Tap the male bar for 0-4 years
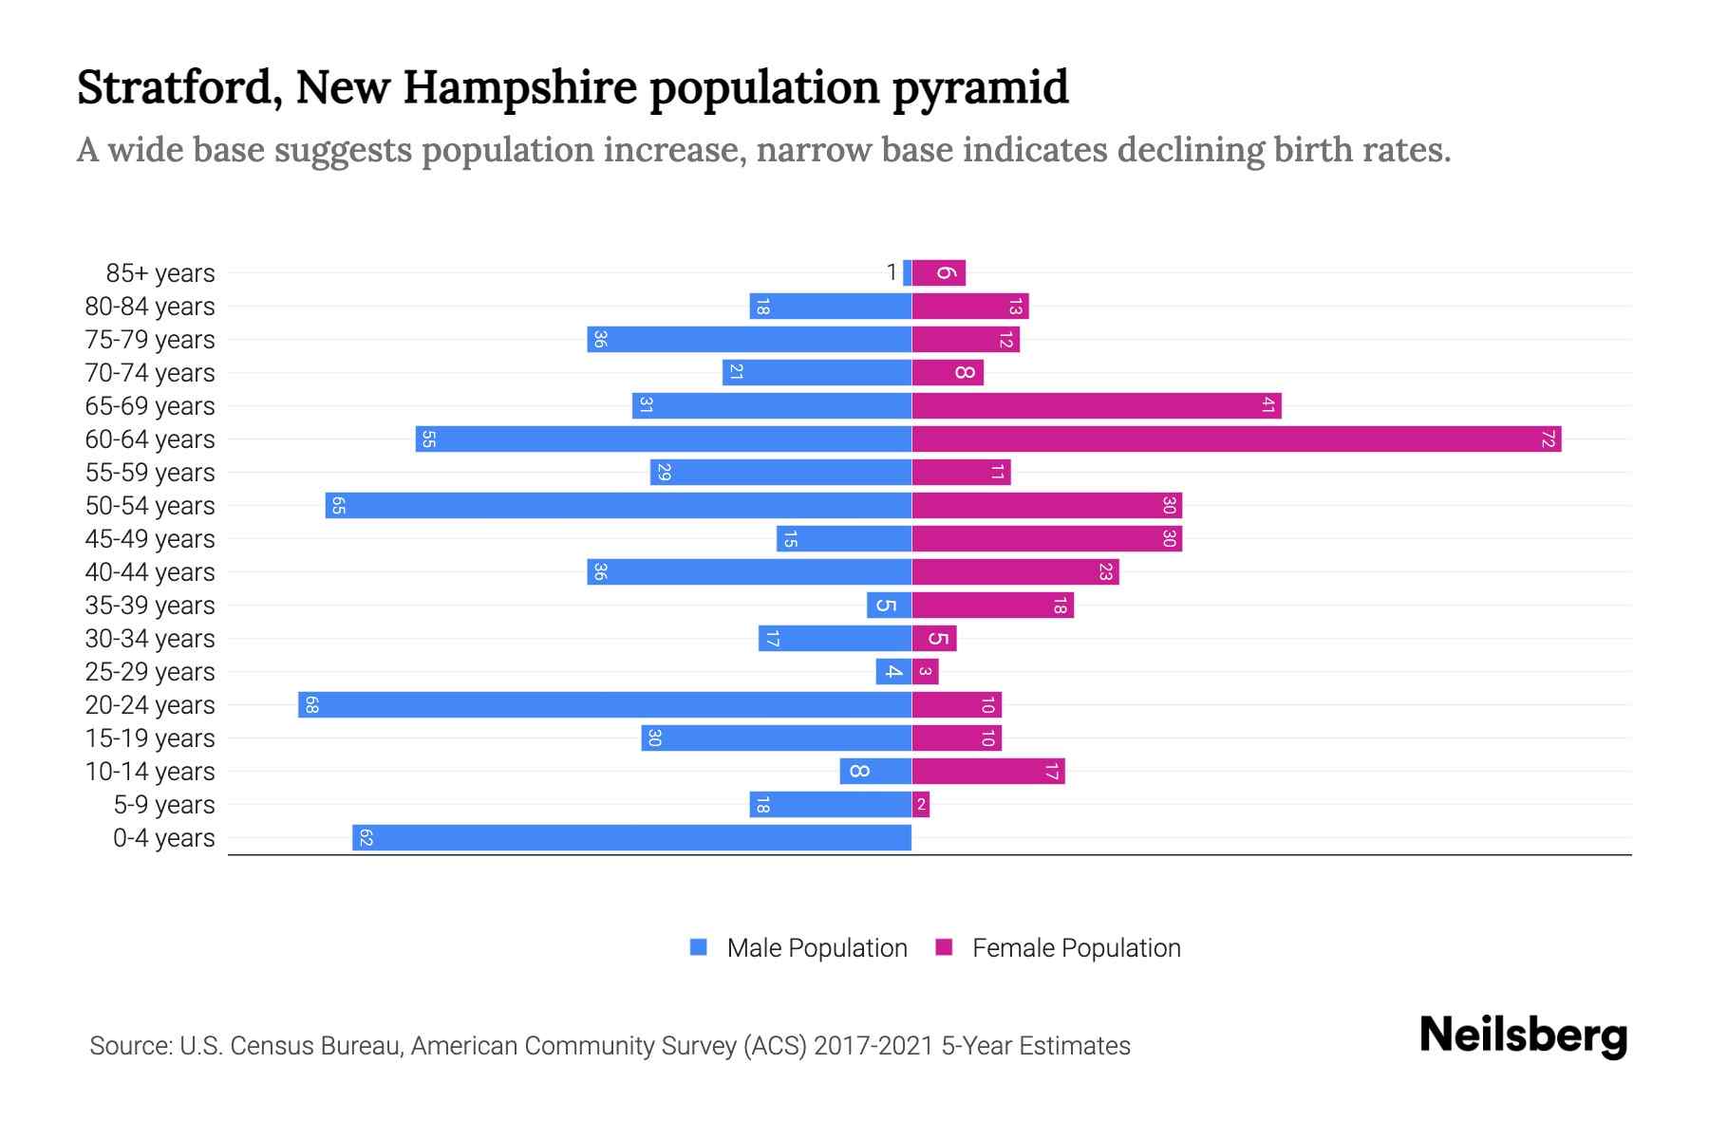631,837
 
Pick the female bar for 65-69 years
1097,405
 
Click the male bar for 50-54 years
618,505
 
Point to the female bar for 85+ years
939,272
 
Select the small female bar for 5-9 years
921,804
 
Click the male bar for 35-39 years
889,605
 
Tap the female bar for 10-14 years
988,771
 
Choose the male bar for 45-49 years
844,538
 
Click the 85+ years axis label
160,273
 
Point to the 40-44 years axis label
150,572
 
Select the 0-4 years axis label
163,838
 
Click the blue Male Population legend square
699,947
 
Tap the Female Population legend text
1076,947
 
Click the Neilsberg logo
1523,1036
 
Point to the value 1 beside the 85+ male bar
892,272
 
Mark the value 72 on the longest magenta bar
1549,439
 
